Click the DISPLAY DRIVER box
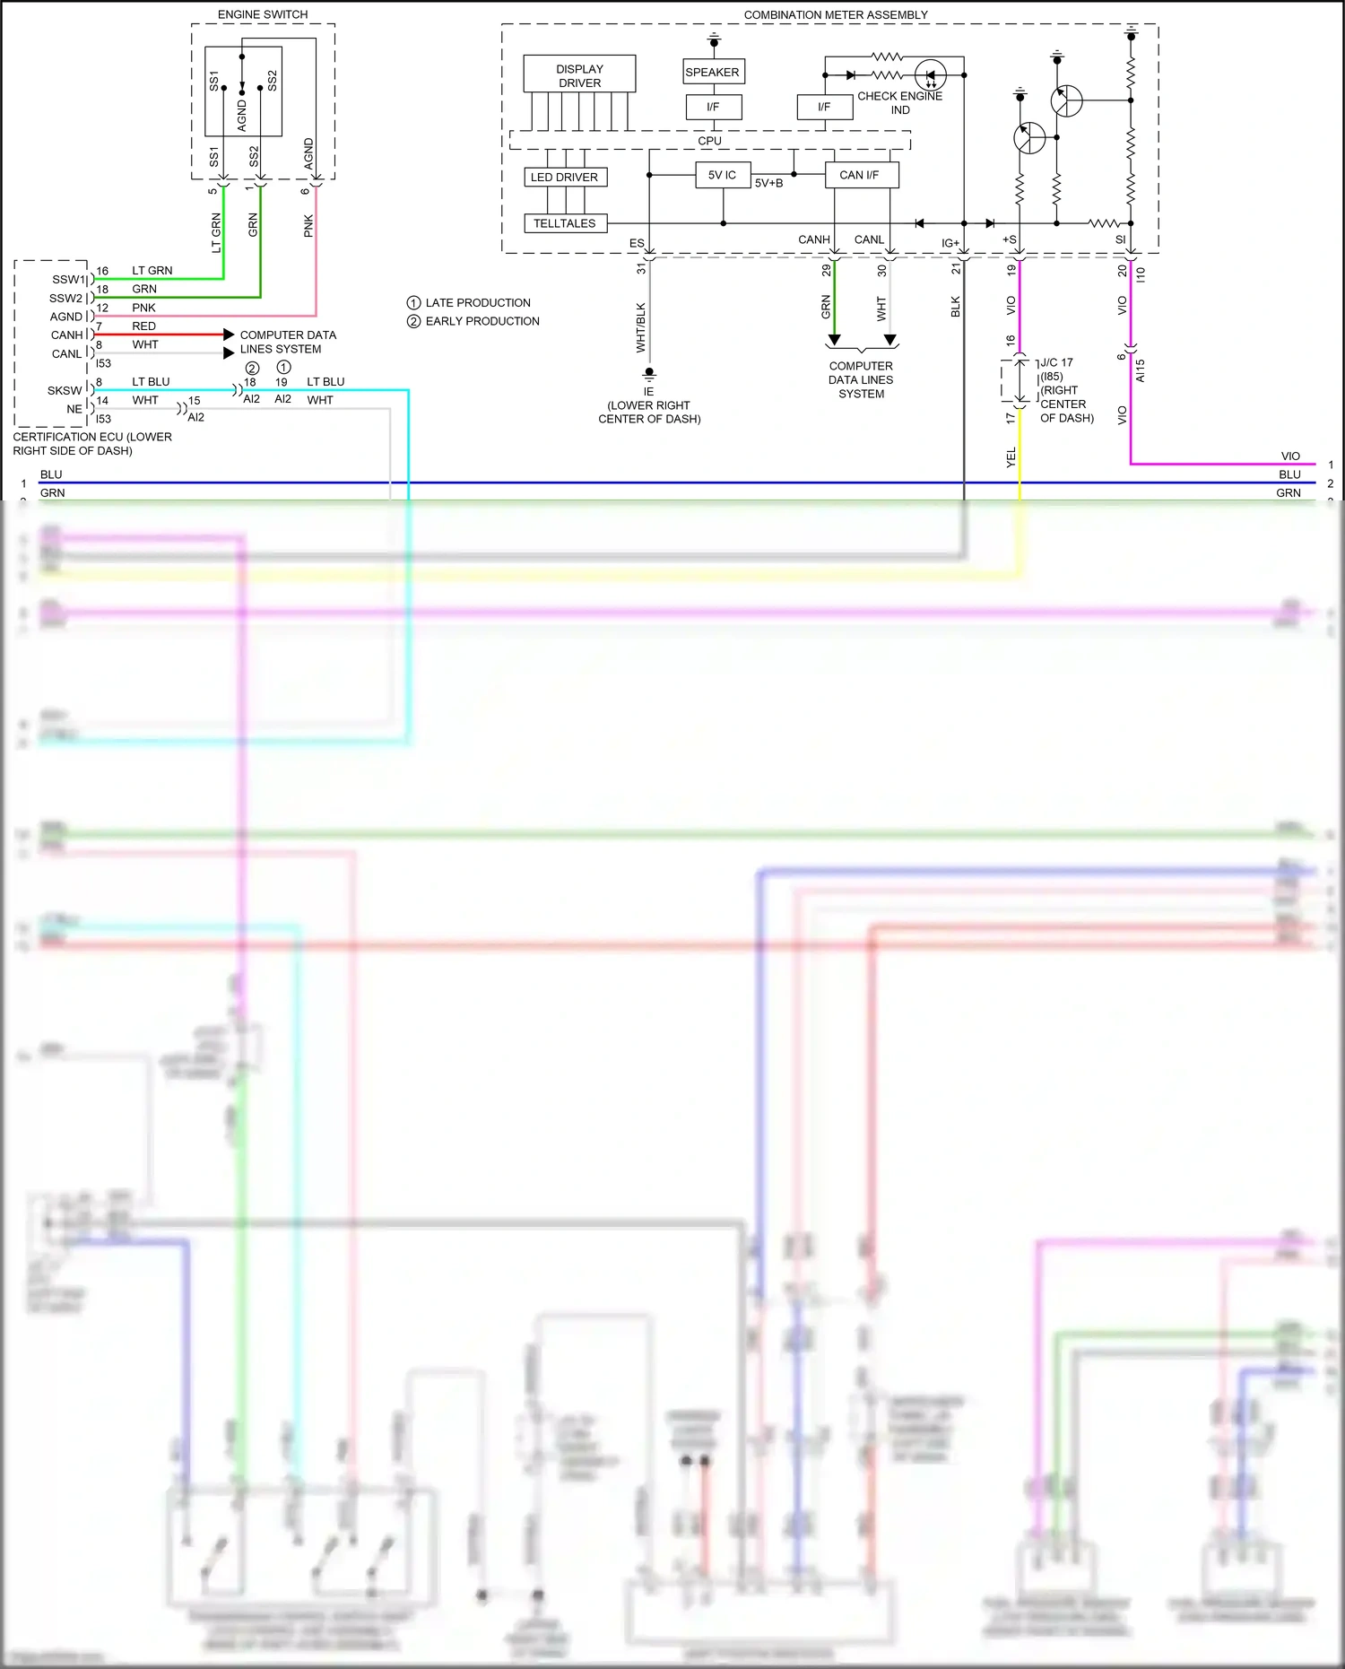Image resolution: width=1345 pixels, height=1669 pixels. pos(579,75)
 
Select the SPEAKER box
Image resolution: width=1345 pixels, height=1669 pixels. pos(712,72)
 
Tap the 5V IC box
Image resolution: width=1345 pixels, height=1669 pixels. pos(722,175)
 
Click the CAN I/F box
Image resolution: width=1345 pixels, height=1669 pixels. pos(860,175)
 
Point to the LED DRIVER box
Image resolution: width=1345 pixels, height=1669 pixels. pos(564,177)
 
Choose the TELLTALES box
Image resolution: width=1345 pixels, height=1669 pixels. pos(564,223)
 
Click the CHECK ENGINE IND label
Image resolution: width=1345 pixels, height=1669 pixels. pos(899,102)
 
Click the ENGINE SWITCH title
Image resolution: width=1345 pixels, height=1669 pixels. pos(263,14)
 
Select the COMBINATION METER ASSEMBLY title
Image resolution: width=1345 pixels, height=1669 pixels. pos(835,14)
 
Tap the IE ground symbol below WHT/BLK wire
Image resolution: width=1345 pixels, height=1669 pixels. pos(648,373)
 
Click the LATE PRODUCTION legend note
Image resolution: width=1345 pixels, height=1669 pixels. pos(477,302)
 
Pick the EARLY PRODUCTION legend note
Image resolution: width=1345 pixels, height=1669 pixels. pos(482,321)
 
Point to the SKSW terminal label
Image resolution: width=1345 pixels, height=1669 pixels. pos(64,390)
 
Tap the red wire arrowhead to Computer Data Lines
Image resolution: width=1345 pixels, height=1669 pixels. pos(229,335)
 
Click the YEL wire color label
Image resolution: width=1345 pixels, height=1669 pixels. pos(1011,456)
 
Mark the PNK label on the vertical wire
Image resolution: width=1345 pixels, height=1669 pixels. pos(308,225)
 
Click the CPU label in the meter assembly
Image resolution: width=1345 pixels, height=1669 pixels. pos(709,141)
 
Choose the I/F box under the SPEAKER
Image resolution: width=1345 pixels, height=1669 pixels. pos(712,107)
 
